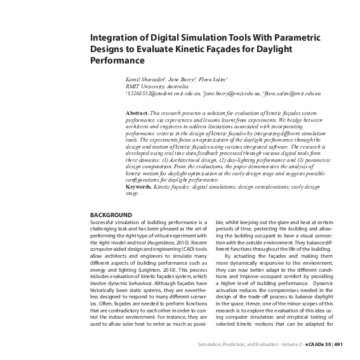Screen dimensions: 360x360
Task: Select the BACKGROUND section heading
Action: (111, 215)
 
